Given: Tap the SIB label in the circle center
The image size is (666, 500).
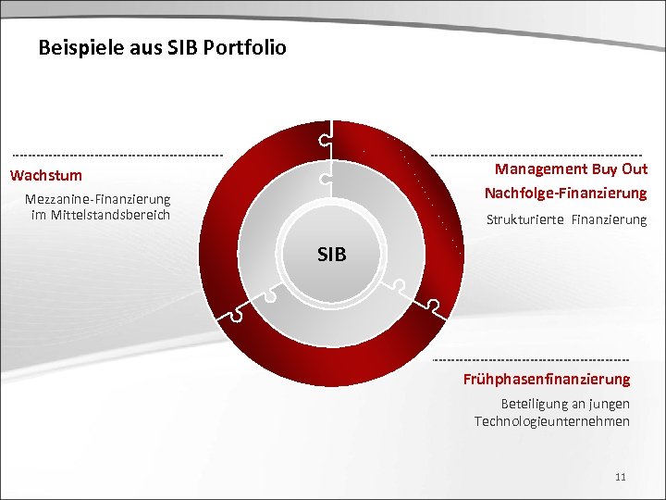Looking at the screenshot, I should pyautogui.click(x=331, y=254).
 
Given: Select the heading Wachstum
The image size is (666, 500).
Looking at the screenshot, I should pyautogui.click(x=46, y=175).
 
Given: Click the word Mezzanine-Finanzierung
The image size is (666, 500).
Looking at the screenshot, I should pyautogui.click(x=97, y=199).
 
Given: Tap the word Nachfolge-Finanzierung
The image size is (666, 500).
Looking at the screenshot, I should pyautogui.click(x=565, y=193).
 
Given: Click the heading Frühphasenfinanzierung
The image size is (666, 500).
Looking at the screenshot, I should pyautogui.click(x=547, y=379).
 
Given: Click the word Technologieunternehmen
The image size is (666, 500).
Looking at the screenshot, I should pyautogui.click(x=551, y=421).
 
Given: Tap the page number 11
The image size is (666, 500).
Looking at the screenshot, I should pyautogui.click(x=620, y=477).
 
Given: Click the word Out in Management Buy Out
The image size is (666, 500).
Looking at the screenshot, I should pyautogui.click(x=635, y=169).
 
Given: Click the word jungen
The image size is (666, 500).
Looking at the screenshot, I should pyautogui.click(x=610, y=404).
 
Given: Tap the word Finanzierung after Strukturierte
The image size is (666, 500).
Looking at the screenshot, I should pyautogui.click(x=610, y=219).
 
